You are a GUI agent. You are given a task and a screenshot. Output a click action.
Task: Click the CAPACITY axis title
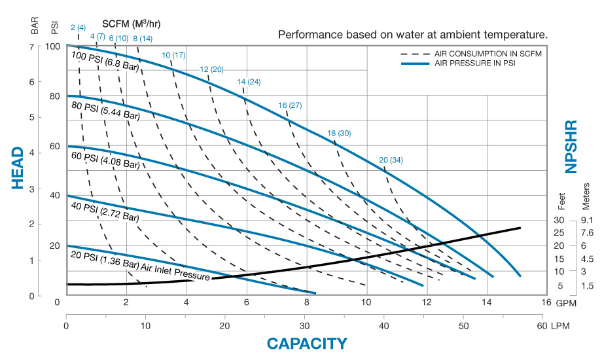306,344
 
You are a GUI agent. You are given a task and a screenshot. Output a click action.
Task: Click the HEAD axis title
18,168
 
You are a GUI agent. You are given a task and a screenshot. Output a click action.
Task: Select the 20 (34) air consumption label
391,160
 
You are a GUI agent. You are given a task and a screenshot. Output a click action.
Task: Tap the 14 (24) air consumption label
249,82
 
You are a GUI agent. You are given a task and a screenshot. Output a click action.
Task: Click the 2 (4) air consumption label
78,27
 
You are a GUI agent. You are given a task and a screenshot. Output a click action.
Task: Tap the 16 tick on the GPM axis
547,303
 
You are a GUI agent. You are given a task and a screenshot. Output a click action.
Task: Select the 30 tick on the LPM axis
304,325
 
